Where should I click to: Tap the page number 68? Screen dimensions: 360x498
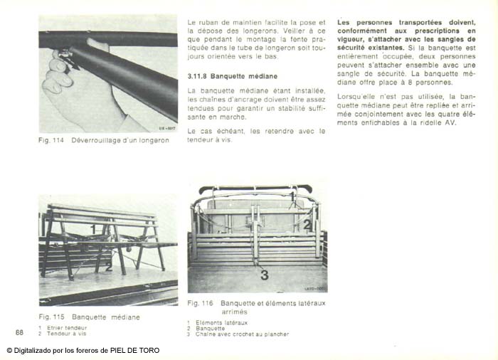pos(19,332)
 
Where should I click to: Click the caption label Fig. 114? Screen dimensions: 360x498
pos(51,140)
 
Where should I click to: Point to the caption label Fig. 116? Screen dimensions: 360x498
pos(201,303)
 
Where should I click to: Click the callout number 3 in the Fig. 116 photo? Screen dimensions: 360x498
pos(263,275)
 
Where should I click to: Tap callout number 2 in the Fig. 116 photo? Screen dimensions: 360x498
pos(307,226)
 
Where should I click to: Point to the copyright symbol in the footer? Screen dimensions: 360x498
pos(10,350)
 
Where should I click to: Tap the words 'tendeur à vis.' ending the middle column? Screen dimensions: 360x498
pos(210,139)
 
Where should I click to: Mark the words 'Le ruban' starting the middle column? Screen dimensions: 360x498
pos(201,22)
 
